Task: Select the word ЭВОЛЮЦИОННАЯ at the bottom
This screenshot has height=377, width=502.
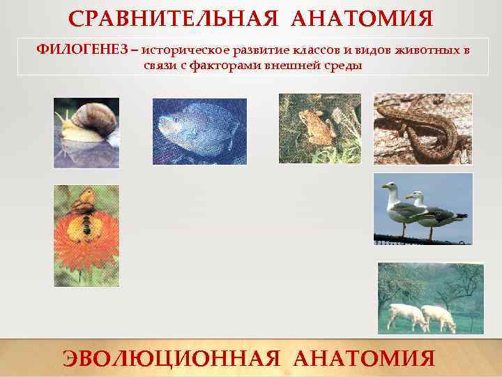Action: click(x=172, y=358)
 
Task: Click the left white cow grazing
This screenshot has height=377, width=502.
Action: click(x=408, y=316)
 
